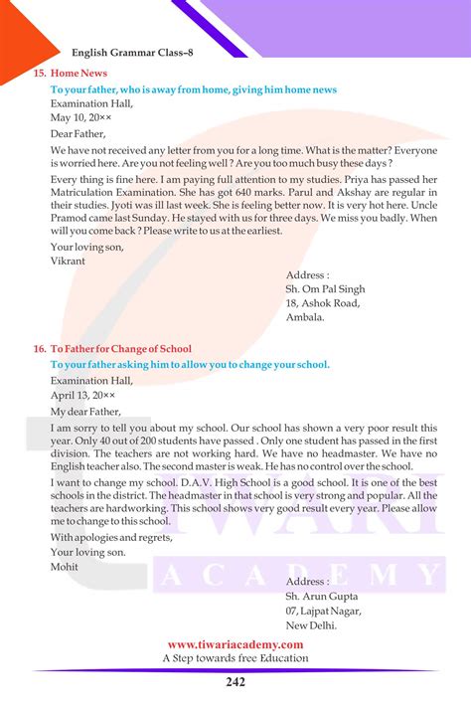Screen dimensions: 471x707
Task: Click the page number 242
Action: (235, 681)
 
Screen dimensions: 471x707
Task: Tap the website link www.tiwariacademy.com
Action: (235, 644)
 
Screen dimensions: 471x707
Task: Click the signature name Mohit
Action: (65, 567)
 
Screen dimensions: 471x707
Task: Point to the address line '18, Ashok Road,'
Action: (323, 303)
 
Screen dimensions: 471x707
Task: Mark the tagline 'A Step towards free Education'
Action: (235, 658)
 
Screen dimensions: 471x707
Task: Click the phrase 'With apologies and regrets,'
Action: (111, 538)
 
